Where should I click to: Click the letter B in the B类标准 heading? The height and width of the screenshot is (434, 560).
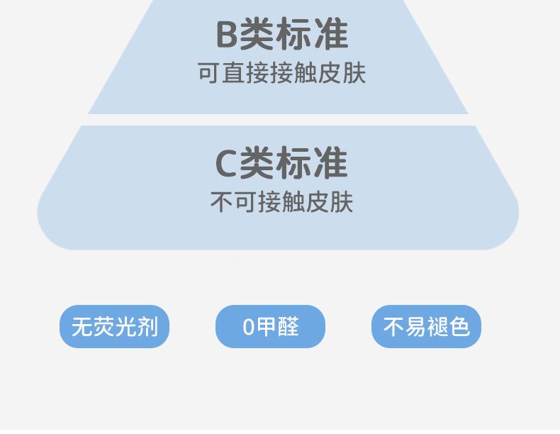(x=226, y=34)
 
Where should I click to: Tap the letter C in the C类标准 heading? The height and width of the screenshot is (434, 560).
(x=225, y=163)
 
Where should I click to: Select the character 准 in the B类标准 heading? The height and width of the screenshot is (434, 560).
(x=331, y=34)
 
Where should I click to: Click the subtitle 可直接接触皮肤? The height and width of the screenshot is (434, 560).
(x=281, y=73)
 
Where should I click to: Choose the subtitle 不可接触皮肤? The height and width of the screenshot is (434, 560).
(x=281, y=202)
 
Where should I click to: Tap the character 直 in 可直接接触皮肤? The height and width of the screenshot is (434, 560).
(x=233, y=73)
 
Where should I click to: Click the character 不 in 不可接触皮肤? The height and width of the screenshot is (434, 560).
(x=221, y=202)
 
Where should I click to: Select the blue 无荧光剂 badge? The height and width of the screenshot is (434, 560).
(x=114, y=327)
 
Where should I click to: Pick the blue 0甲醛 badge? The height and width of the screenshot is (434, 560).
(x=270, y=327)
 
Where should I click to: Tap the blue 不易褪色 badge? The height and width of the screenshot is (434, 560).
(x=426, y=327)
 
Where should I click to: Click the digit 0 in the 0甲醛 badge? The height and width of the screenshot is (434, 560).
(x=248, y=327)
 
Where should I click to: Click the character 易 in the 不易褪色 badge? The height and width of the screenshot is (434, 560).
(x=415, y=327)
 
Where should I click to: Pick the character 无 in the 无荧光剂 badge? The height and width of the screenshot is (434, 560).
(x=82, y=327)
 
